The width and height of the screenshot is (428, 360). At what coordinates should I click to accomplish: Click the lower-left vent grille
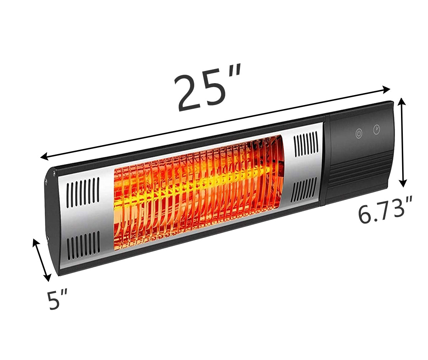pos(83,245)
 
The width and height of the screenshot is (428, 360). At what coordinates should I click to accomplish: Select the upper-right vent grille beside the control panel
pos(305,143)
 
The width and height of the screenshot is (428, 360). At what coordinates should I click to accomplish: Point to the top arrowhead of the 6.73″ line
pos(402,102)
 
